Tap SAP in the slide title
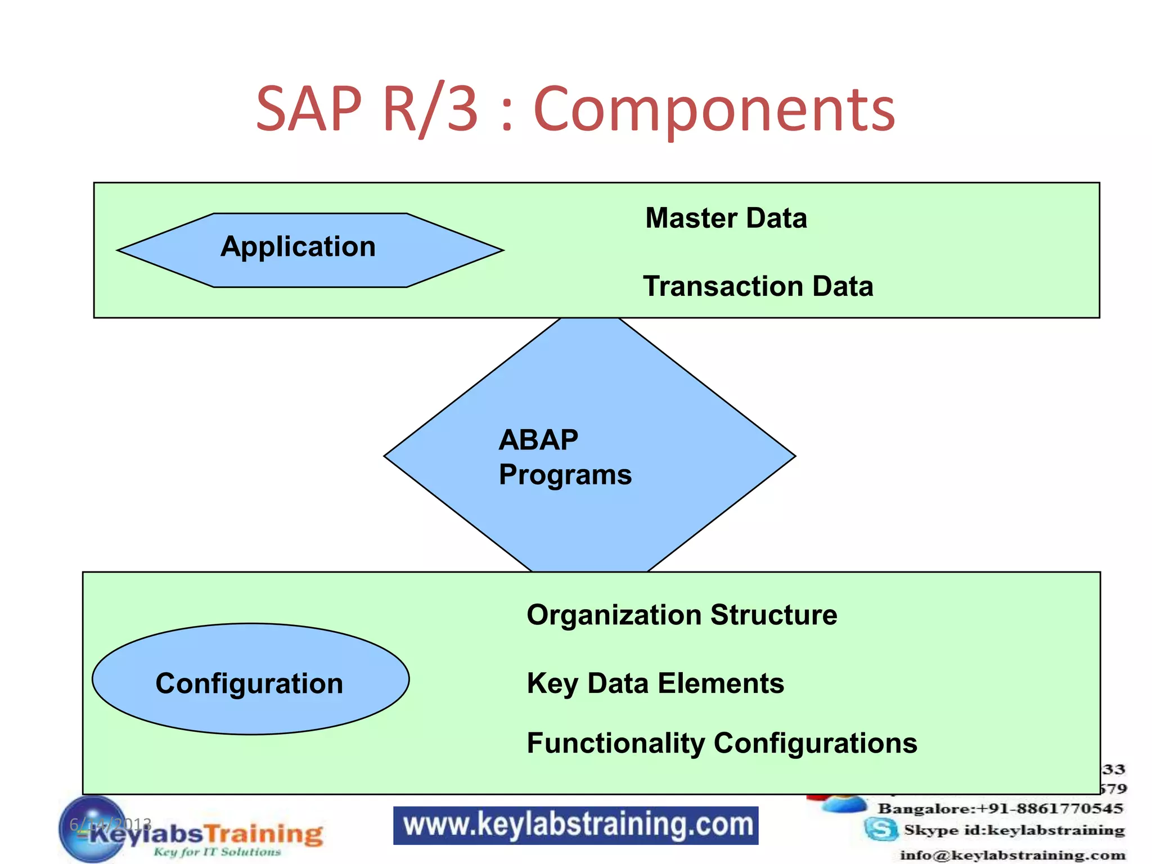[309, 109]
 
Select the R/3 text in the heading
[430, 109]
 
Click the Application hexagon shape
[309, 250]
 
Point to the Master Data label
[726, 218]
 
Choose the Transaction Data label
[758, 286]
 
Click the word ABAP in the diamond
[538, 440]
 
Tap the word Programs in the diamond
[565, 475]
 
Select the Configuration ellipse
[250, 679]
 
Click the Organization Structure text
[681, 615]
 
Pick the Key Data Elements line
[655, 683]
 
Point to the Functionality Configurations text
[722, 743]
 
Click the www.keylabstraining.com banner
[575, 825]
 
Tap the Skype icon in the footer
[881, 829]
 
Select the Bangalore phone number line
[1000, 809]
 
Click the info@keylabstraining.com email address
[1012, 856]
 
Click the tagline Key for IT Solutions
[217, 852]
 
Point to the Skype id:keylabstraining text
[1014, 830]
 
